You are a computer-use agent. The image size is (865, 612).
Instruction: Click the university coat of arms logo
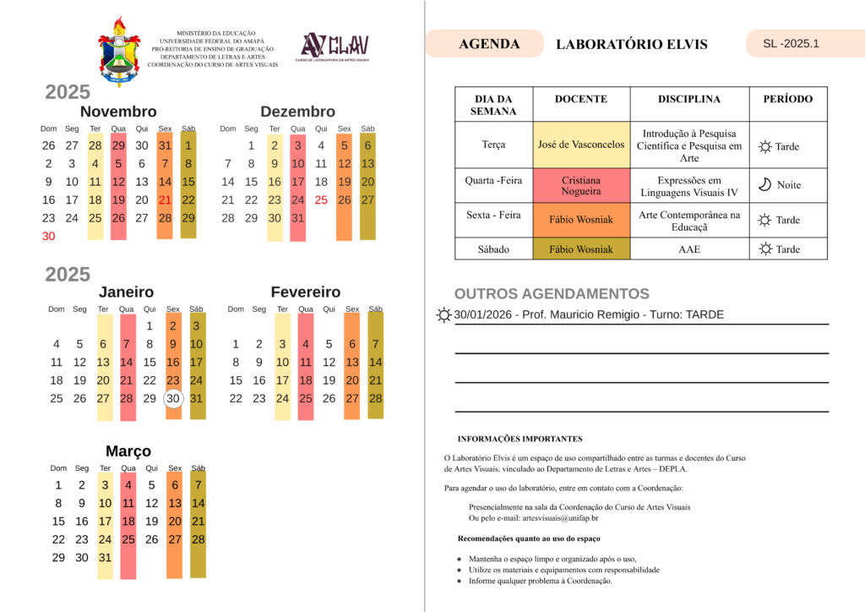point(118,51)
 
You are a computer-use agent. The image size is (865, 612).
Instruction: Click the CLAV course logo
point(335,47)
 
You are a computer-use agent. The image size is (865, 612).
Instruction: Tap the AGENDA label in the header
point(489,44)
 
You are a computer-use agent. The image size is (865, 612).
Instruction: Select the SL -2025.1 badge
point(791,44)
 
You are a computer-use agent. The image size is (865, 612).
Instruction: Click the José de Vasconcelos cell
point(581,145)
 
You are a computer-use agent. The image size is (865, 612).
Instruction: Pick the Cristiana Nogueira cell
point(581,185)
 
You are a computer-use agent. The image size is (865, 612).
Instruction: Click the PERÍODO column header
point(787,100)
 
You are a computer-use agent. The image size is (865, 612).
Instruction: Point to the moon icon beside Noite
point(764,184)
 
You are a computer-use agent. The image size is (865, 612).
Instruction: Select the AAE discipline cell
point(688,249)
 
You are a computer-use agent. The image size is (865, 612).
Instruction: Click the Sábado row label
point(493,249)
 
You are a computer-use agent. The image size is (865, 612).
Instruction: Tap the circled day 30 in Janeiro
point(173,399)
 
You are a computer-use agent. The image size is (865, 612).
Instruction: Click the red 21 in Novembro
point(165,200)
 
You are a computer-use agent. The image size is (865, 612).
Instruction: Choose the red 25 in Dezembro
point(321,200)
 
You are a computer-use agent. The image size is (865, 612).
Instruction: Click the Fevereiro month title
point(306,292)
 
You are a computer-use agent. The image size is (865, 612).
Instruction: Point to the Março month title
point(128,451)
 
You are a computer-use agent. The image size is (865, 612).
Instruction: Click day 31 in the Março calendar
point(105,558)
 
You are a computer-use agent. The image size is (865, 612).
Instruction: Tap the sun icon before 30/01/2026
point(443,315)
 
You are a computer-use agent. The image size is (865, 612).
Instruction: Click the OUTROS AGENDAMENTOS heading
point(552,294)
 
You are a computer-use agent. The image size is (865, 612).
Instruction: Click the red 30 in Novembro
point(48,237)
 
